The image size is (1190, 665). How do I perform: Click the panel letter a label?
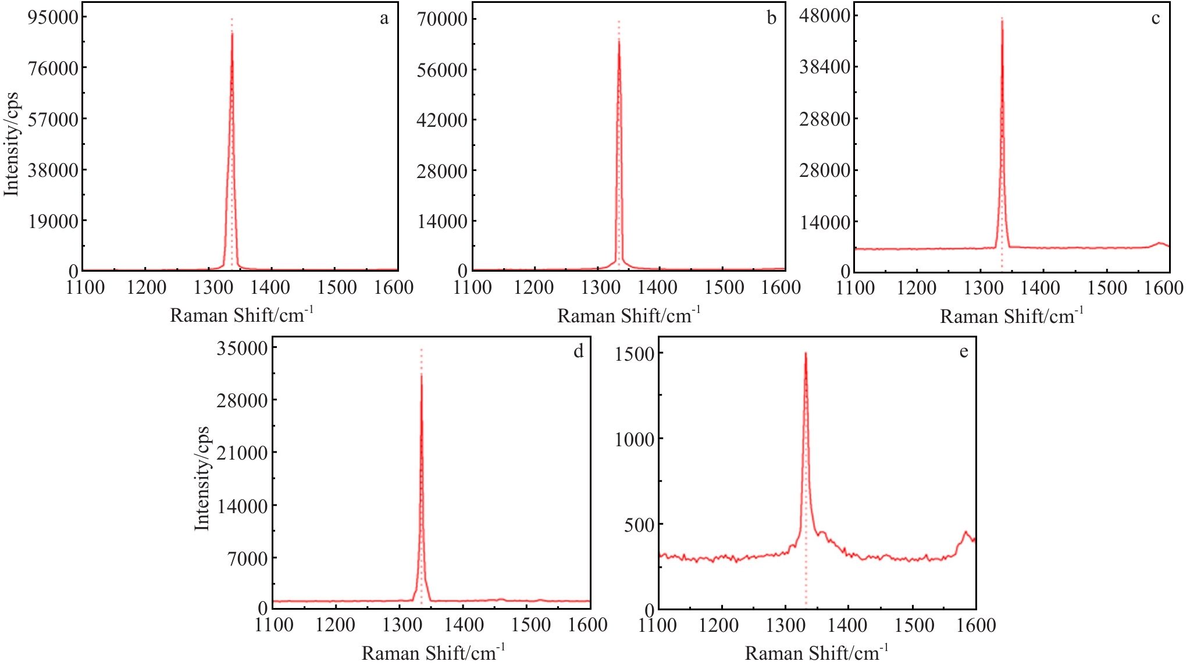pyautogui.click(x=384, y=19)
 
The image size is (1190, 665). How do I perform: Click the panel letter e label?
pyautogui.click(x=964, y=352)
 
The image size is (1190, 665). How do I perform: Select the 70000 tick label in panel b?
pyautogui.click(x=442, y=19)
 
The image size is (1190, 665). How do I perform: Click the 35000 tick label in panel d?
pyautogui.click(x=243, y=348)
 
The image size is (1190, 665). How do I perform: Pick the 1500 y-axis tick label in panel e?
pyautogui.click(x=635, y=354)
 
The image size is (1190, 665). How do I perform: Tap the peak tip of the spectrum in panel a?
pyautogui.click(x=232, y=33)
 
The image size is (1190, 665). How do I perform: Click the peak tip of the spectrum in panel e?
pyautogui.click(x=806, y=353)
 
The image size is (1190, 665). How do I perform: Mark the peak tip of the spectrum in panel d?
pyautogui.click(x=421, y=375)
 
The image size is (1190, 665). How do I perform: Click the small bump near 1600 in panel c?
pyautogui.click(x=1160, y=243)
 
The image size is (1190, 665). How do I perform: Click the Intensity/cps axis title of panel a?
pyautogui.click(x=12, y=144)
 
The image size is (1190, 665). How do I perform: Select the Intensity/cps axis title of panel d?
pyautogui.click(x=201, y=478)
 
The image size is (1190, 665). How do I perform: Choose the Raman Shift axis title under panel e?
pyautogui.click(x=817, y=652)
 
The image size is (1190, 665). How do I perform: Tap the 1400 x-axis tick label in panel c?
pyautogui.click(x=1041, y=288)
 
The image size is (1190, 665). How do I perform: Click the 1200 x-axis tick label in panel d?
pyautogui.click(x=336, y=625)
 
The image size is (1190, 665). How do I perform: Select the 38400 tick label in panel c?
pyautogui.click(x=825, y=67)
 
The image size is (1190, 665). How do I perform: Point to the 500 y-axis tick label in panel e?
pyautogui.click(x=639, y=525)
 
